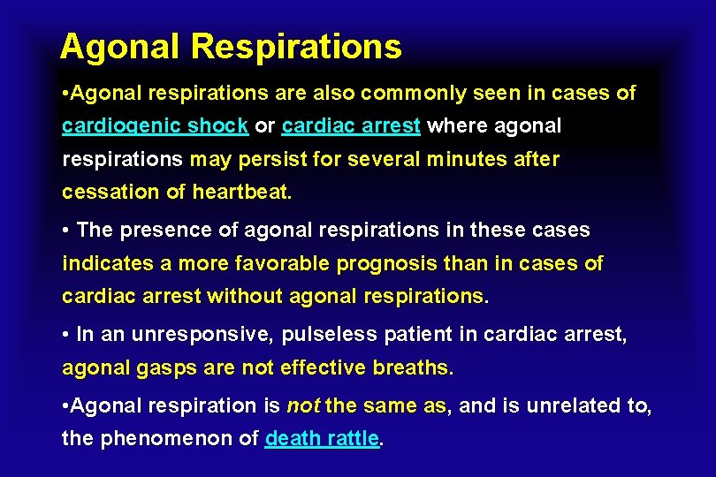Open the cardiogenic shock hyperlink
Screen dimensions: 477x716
[155, 126]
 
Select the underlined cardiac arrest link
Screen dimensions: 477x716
[351, 126]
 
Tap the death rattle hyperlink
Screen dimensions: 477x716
[322, 439]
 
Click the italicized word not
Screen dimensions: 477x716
[303, 406]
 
